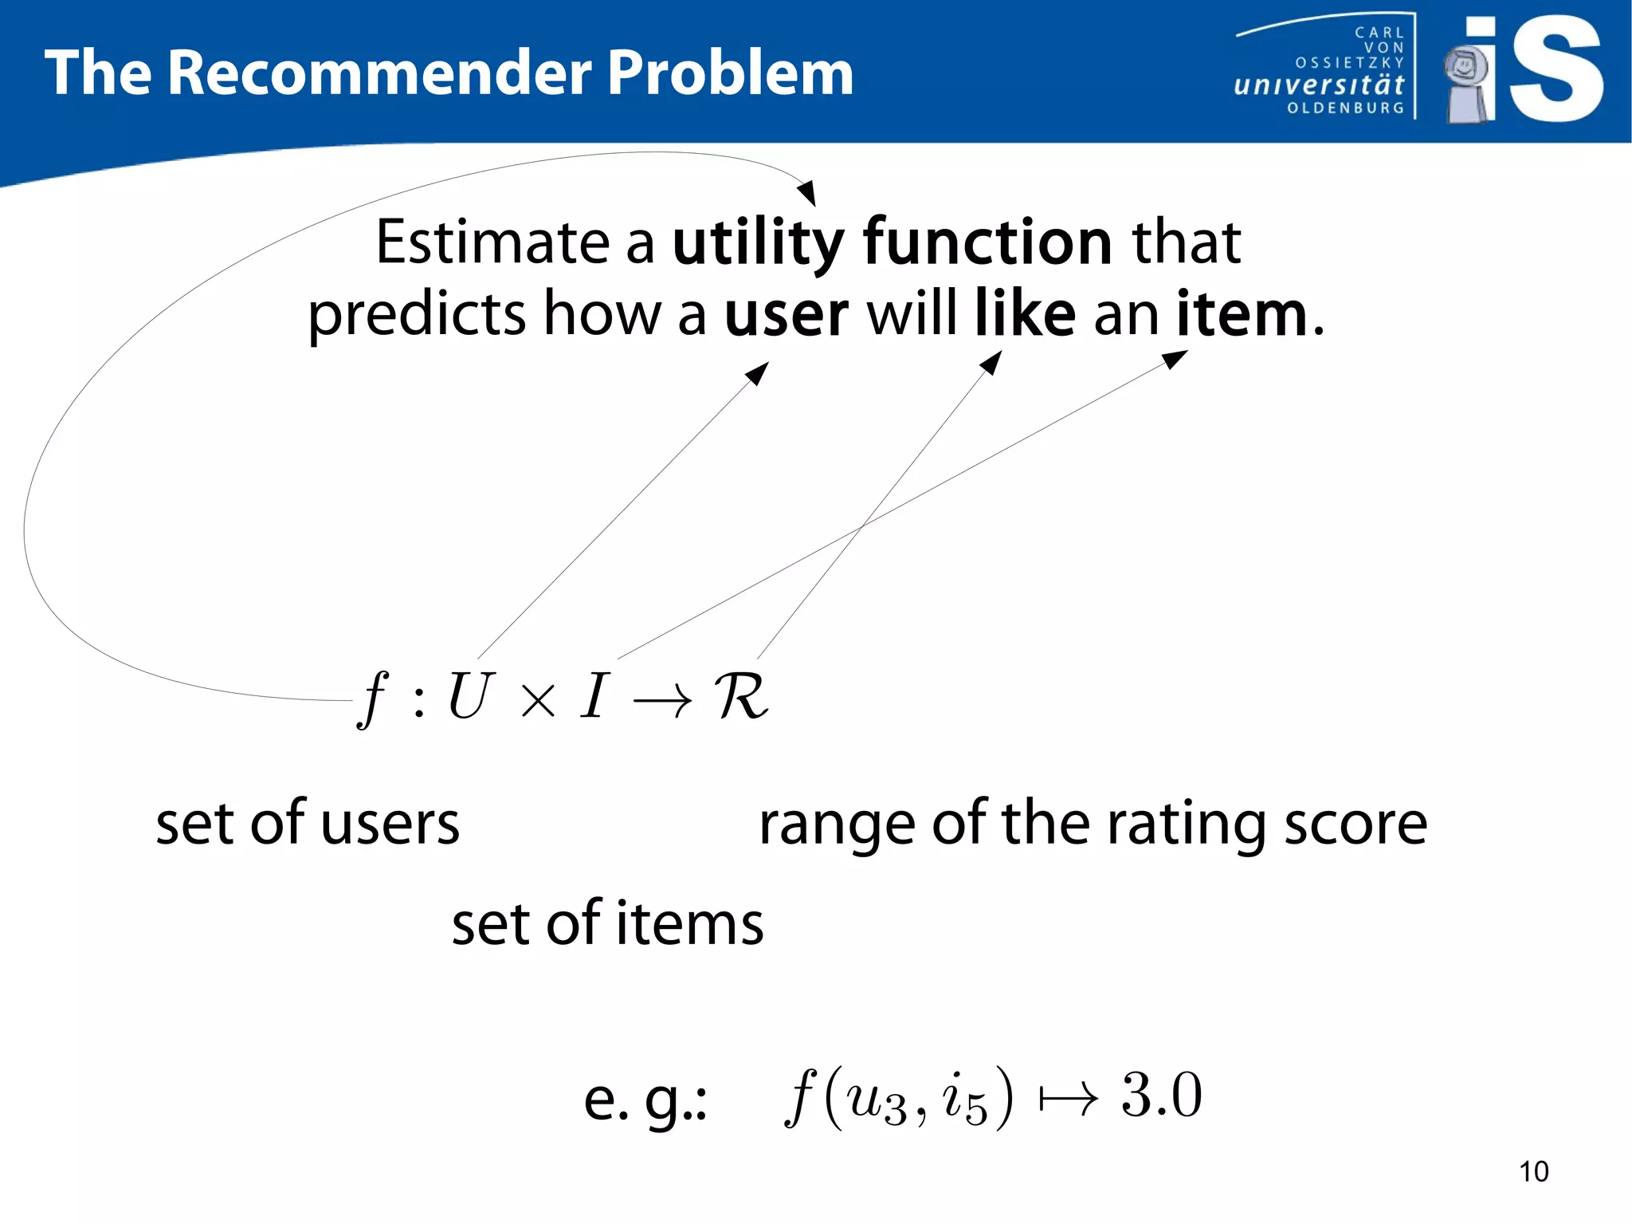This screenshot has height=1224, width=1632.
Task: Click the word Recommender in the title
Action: click(x=380, y=73)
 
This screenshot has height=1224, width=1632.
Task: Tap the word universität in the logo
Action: click(x=1319, y=85)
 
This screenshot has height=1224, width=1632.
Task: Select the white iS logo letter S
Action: click(x=1556, y=69)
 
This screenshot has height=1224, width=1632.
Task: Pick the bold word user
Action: click(x=786, y=314)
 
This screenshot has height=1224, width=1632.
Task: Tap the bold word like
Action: click(x=1025, y=313)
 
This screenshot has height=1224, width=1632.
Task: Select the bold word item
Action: click(x=1242, y=314)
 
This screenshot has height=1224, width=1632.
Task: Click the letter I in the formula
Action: click(x=594, y=696)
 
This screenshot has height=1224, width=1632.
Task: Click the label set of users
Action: click(x=308, y=823)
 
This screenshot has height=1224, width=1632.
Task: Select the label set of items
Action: click(x=607, y=923)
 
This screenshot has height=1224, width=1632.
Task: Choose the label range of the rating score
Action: click(x=1093, y=825)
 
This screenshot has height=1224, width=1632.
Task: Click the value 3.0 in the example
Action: click(x=1161, y=1095)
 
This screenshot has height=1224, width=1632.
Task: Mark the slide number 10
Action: click(x=1533, y=1171)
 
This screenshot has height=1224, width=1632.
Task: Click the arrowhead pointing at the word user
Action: click(x=758, y=372)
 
